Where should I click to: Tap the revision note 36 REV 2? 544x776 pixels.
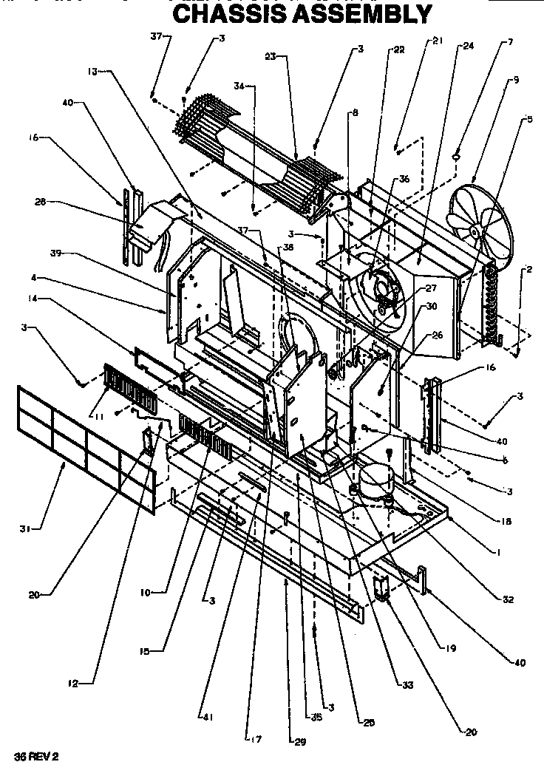36,757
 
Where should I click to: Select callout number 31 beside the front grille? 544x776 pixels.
25,528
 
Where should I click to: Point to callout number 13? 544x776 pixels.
92,72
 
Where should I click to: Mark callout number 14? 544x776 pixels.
34,299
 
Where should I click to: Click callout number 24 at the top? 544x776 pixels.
468,46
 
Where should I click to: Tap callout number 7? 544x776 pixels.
509,43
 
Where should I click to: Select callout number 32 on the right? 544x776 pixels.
509,599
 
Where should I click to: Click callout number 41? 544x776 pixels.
202,716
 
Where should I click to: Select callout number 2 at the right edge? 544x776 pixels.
530,270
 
